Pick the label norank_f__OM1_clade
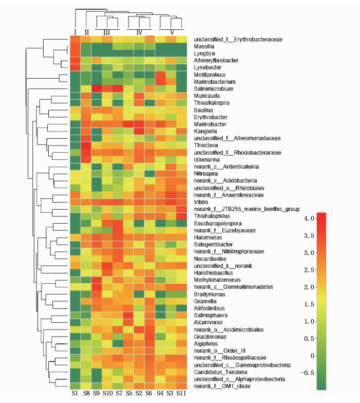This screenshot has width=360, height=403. tap(222, 386)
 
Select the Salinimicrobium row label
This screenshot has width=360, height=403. tap(213, 88)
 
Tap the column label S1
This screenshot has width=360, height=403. tap(74, 393)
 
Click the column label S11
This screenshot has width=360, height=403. tap(181, 393)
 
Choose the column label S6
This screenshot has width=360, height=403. tap(149, 393)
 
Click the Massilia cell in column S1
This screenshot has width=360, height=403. tap(74, 46)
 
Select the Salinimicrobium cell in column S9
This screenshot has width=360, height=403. tap(96, 88)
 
